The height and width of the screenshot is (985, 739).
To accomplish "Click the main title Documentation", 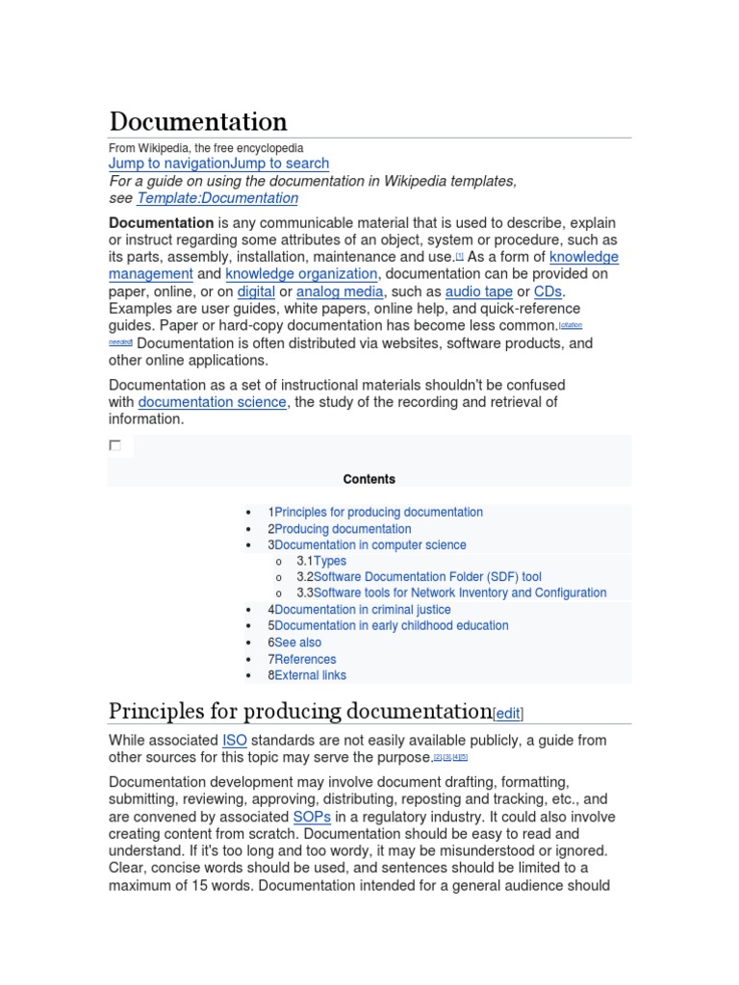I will pos(198,122).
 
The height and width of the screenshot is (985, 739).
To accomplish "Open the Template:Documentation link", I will pos(217,198).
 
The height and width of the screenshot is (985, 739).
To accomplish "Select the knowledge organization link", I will pos(301,274).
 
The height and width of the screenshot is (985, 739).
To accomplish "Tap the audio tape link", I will pos(478,291).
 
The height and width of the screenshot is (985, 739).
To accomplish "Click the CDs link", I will pos(548,291).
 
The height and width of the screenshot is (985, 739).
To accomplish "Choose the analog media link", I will pos(341,291).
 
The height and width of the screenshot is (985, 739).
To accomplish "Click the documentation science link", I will pos(212,402).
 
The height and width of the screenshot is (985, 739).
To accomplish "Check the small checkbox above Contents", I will pos(115,445).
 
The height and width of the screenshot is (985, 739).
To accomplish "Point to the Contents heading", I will pos(369,479).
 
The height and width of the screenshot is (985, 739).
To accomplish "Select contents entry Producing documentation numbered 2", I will pos(343,529).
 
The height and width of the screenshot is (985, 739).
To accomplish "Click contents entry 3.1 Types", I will pos(330,561).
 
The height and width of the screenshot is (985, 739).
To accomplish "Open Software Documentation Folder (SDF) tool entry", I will pos(427,577).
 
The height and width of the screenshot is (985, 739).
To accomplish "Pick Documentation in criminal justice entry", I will pos(362,610).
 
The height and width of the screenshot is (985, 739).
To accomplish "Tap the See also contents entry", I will pos(298,643).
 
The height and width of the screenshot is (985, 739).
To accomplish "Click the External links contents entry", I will pos(310,675).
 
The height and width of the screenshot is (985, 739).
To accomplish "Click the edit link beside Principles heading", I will pos(508,714).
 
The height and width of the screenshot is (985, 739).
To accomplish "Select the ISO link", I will pos(235,741).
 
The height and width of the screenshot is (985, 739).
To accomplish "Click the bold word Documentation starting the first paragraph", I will pos(161,222).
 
